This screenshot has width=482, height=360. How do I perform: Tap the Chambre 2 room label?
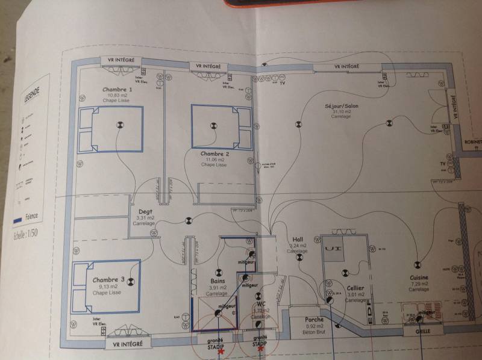(215, 154)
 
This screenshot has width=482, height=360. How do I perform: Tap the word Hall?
(297, 239)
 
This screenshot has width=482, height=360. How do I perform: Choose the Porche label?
(315, 320)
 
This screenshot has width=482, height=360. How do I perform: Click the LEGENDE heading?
(32, 95)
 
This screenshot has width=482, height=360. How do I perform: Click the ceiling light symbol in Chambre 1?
(119, 125)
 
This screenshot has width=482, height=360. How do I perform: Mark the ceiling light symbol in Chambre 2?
(212, 126)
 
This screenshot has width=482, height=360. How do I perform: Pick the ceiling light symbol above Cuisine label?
(416, 263)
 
